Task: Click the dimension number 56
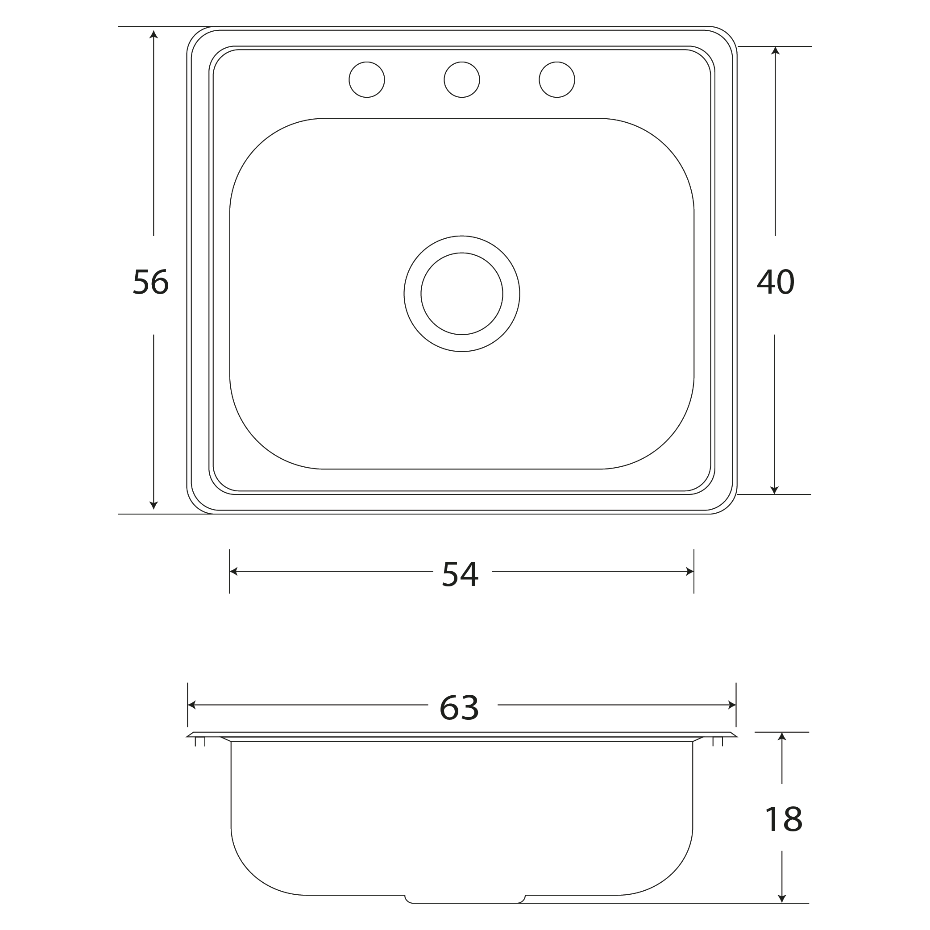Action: click(x=151, y=282)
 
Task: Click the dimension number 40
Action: click(x=776, y=282)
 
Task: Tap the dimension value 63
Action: click(x=459, y=708)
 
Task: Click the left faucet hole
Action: click(x=367, y=80)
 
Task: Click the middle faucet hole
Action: click(x=461, y=80)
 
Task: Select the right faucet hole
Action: click(x=557, y=80)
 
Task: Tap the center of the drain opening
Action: click(x=461, y=294)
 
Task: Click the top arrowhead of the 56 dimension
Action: click(x=154, y=34)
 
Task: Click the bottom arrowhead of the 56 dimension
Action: click(x=154, y=506)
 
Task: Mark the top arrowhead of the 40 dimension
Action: click(x=775, y=50)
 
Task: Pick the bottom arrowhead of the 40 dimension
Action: click(x=775, y=490)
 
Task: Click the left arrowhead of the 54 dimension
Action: click(x=234, y=571)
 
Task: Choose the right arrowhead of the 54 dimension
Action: click(x=689, y=571)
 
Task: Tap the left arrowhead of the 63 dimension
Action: click(x=191, y=705)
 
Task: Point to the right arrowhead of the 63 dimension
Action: click(x=732, y=705)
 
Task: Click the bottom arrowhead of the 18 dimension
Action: click(x=782, y=898)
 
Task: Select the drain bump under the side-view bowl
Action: click(x=465, y=899)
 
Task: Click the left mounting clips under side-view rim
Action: click(x=200, y=742)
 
